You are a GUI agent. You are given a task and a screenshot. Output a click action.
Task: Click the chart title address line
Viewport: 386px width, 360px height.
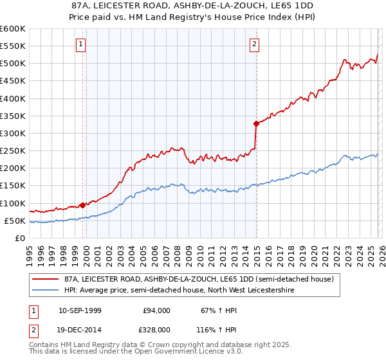(x=192, y=6)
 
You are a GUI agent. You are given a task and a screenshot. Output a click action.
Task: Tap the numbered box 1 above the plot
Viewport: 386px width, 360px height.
(x=81, y=44)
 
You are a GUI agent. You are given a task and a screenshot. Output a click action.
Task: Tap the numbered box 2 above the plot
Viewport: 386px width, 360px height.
(x=255, y=44)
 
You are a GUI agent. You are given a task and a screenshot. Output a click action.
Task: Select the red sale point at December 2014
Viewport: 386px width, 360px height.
(x=256, y=123)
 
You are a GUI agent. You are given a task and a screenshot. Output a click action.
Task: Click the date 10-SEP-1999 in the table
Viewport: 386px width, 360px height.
(x=80, y=310)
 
